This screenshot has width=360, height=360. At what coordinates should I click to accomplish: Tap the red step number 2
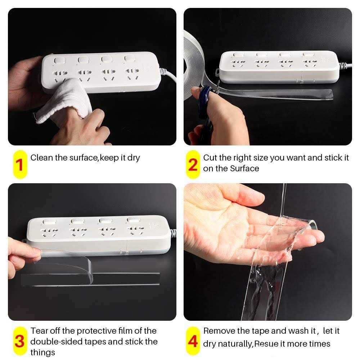pos(193,165)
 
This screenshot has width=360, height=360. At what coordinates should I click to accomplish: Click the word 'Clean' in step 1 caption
pos(41,157)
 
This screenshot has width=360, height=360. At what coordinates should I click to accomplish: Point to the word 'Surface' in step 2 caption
pos(244,168)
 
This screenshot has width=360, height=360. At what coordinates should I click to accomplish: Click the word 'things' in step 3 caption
pos(42,352)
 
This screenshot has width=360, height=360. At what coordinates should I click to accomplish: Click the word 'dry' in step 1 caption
pos(134,157)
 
